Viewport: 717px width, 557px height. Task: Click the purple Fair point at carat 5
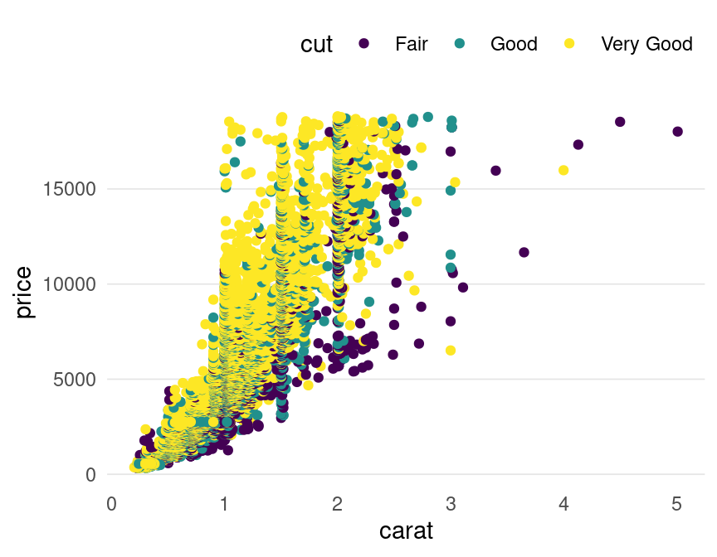coord(677,132)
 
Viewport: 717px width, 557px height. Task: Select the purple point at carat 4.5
coord(620,122)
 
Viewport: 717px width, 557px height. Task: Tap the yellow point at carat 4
coord(563,171)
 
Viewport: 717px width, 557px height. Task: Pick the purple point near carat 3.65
coord(524,252)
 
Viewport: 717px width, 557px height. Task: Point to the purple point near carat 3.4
coord(495,171)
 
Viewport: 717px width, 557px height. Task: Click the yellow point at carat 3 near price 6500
coord(451,351)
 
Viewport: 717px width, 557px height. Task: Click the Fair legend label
coord(412,44)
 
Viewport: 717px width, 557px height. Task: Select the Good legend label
coord(514,44)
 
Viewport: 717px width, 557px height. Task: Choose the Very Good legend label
coord(646,44)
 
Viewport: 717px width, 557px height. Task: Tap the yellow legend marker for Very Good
coord(569,43)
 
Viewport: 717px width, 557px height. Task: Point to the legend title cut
coord(316,44)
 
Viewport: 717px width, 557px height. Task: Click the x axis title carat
coord(406,530)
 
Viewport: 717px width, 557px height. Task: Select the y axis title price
coord(24,292)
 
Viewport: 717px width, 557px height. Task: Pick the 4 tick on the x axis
coord(563,504)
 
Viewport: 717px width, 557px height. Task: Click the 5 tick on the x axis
coord(676,504)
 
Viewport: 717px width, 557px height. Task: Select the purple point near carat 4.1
coord(578,145)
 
